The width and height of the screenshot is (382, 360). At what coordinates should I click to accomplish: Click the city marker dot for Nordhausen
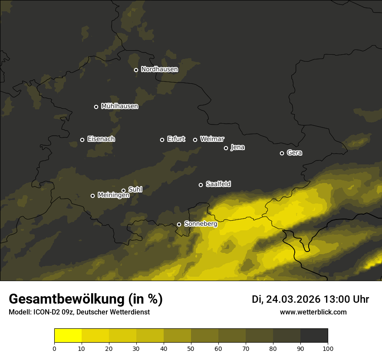click(x=136, y=70)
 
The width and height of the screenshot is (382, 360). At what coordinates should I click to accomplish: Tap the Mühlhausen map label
click(x=119, y=106)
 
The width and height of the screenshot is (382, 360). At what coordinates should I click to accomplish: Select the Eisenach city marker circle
click(x=82, y=140)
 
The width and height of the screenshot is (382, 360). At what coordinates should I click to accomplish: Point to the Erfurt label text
click(x=176, y=139)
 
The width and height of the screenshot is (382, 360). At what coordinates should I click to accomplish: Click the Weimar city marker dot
click(x=195, y=140)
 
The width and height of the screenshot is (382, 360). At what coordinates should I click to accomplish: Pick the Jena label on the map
click(x=237, y=147)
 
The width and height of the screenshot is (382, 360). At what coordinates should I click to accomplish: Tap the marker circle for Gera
click(x=282, y=153)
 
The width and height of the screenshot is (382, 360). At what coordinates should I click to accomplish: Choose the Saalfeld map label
click(x=218, y=184)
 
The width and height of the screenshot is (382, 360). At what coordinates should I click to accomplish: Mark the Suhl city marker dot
click(x=123, y=190)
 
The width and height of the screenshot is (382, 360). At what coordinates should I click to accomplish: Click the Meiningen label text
click(x=113, y=196)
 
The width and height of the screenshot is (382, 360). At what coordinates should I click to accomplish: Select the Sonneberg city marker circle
click(x=179, y=224)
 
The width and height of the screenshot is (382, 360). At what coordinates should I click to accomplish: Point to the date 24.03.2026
click(x=293, y=299)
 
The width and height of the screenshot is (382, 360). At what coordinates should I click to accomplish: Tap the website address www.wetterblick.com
click(x=313, y=312)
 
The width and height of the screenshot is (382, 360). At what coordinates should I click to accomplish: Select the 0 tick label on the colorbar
click(x=54, y=348)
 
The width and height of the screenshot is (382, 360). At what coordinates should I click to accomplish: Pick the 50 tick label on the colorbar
click(x=191, y=348)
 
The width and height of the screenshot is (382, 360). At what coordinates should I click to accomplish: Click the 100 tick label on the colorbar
click(x=328, y=348)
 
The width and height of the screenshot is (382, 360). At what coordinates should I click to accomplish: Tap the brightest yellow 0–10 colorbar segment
click(x=68, y=336)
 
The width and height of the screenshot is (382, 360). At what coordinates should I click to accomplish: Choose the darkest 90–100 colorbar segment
click(x=314, y=336)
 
